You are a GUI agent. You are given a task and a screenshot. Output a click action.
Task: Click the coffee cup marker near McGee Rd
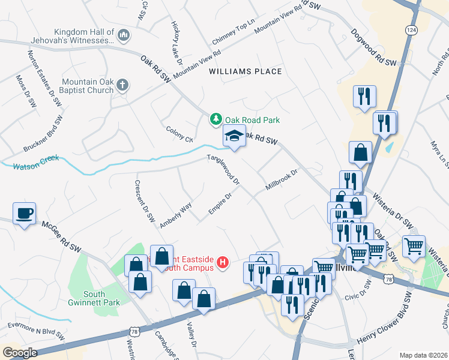coord(24,214)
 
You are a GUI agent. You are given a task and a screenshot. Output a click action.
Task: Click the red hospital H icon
coord(223,262)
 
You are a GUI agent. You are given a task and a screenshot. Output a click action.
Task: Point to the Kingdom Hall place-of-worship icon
coord(124,36)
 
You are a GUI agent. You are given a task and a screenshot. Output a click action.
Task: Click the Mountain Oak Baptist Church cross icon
coord(122,86)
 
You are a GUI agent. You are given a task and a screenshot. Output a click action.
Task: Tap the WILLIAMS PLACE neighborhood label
coord(245,71)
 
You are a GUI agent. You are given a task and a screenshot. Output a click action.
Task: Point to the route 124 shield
coord(411,29)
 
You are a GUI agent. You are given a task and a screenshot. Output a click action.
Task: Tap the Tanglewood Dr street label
coord(224,169)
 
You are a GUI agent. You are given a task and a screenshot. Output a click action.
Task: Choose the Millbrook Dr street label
coord(282,181)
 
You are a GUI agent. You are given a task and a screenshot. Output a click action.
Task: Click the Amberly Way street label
coord(176,215)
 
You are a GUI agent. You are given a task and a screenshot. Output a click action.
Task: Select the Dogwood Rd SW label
coord(374,47)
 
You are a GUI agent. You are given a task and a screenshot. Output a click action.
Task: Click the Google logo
coord(20,353)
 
